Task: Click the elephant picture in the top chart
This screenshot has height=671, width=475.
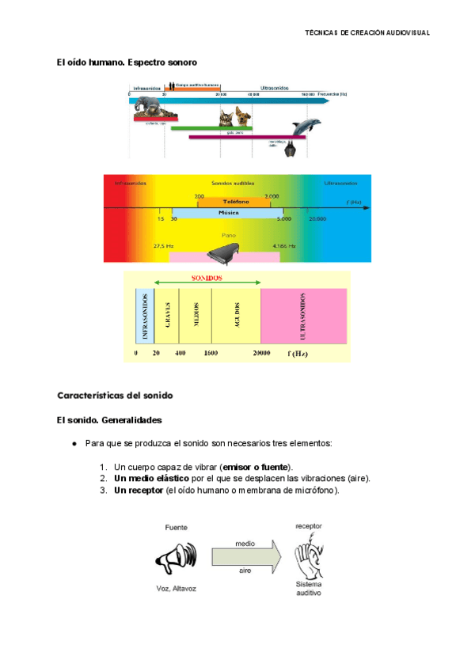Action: [x=149, y=109]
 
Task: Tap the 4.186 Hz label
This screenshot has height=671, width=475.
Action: [x=283, y=246]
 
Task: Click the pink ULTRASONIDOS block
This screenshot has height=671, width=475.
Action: [x=303, y=316]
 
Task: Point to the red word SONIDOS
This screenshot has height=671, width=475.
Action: [x=207, y=279]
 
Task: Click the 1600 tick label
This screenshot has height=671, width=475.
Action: [x=211, y=353]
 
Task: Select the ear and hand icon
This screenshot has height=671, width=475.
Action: [x=309, y=556]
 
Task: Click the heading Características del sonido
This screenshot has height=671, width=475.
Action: [x=114, y=394]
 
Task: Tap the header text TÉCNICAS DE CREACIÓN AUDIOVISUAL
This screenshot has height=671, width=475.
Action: [x=367, y=32]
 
